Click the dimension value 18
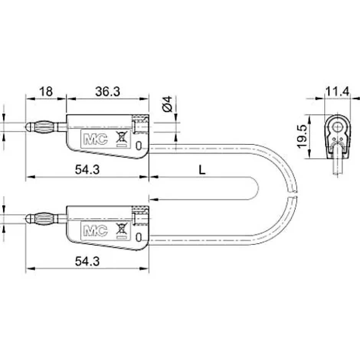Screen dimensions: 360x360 [46, 92]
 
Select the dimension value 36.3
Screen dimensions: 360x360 [107, 92]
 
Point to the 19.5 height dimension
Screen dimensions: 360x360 [302, 136]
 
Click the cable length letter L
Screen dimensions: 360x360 [202, 170]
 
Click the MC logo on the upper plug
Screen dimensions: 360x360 [92, 139]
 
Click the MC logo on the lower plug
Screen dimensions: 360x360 [92, 231]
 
